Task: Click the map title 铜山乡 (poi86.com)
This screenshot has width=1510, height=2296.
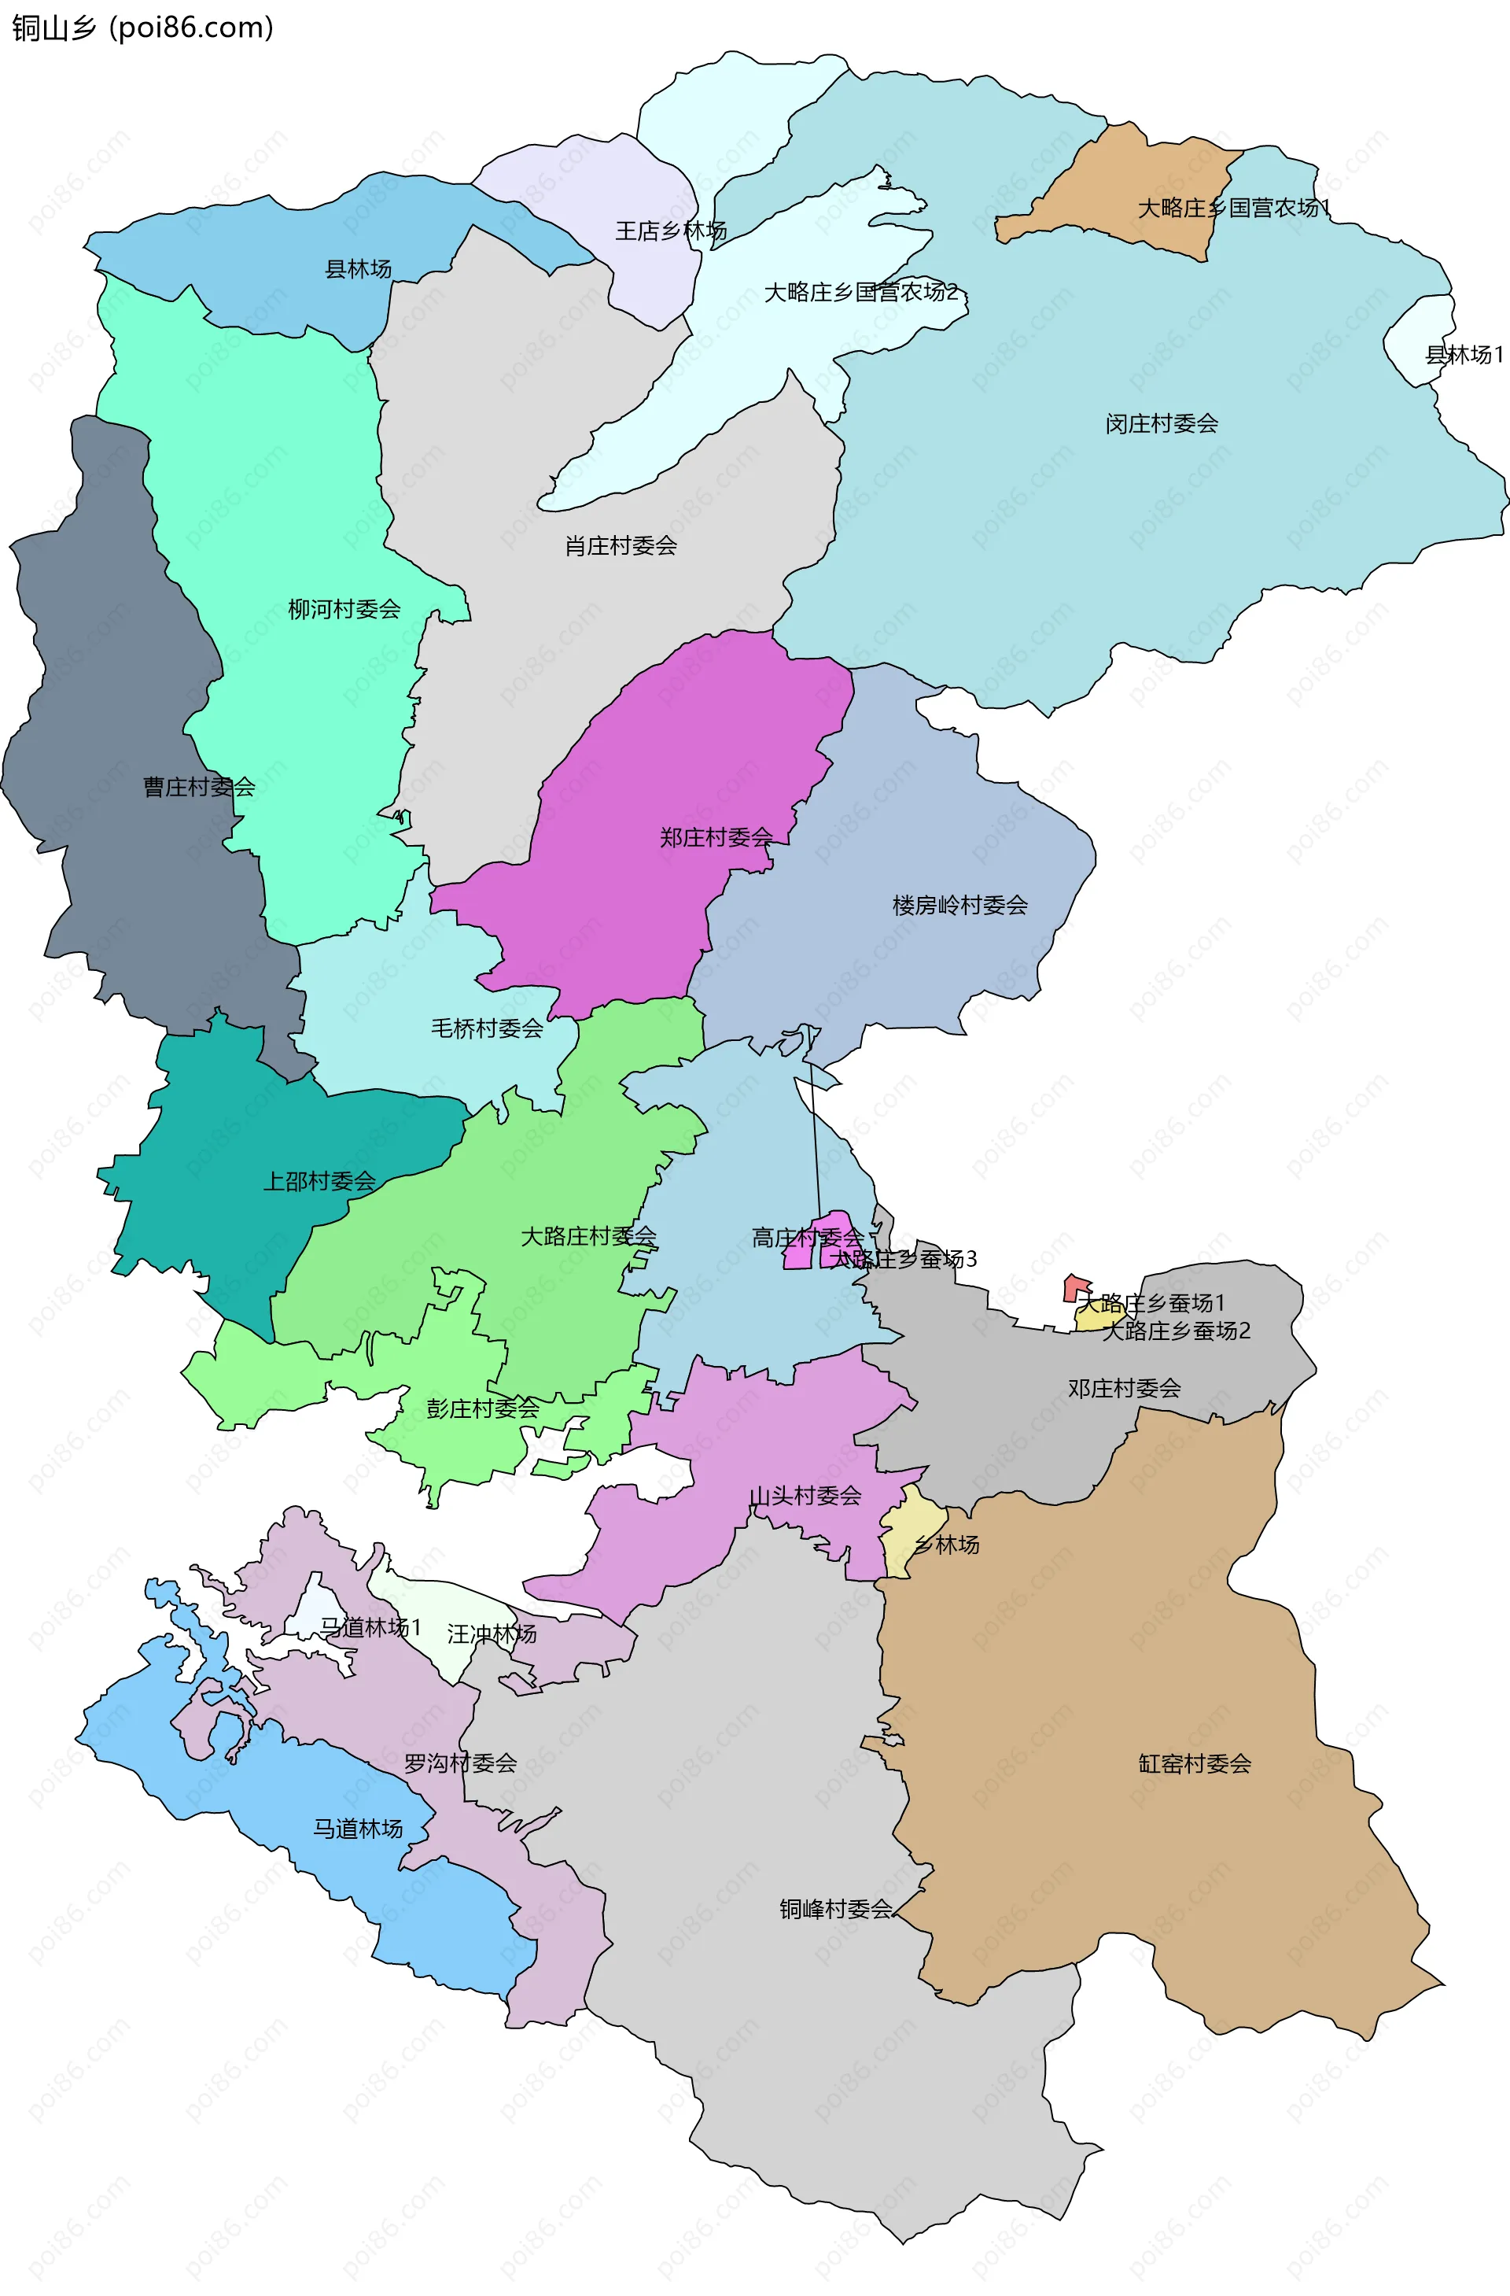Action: [x=142, y=27]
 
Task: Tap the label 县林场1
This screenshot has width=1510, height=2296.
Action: [x=1463, y=355]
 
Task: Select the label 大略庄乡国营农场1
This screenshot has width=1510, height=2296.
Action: [x=1233, y=209]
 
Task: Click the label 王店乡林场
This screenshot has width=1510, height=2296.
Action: [x=671, y=231]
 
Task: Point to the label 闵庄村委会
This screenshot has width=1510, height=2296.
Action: [x=1161, y=423]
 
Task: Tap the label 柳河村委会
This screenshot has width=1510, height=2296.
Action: [x=344, y=610]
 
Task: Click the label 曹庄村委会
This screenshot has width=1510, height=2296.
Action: [x=199, y=787]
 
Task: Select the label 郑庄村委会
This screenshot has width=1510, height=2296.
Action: [x=716, y=837]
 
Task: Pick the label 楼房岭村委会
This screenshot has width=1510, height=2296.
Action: [x=959, y=905]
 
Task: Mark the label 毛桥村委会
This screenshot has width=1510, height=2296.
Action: [x=487, y=1028]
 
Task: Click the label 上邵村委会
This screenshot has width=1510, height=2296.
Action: [x=319, y=1181]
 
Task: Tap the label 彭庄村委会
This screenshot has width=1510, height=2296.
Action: [x=482, y=1408]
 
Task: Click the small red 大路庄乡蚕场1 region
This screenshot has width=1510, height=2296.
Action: [x=1075, y=1288]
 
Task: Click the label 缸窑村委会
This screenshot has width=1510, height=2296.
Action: [x=1194, y=1763]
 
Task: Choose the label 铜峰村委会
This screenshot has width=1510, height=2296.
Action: [x=835, y=1909]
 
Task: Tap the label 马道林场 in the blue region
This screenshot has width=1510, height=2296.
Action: [x=358, y=1829]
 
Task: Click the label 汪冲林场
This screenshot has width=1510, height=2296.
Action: [x=492, y=1634]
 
